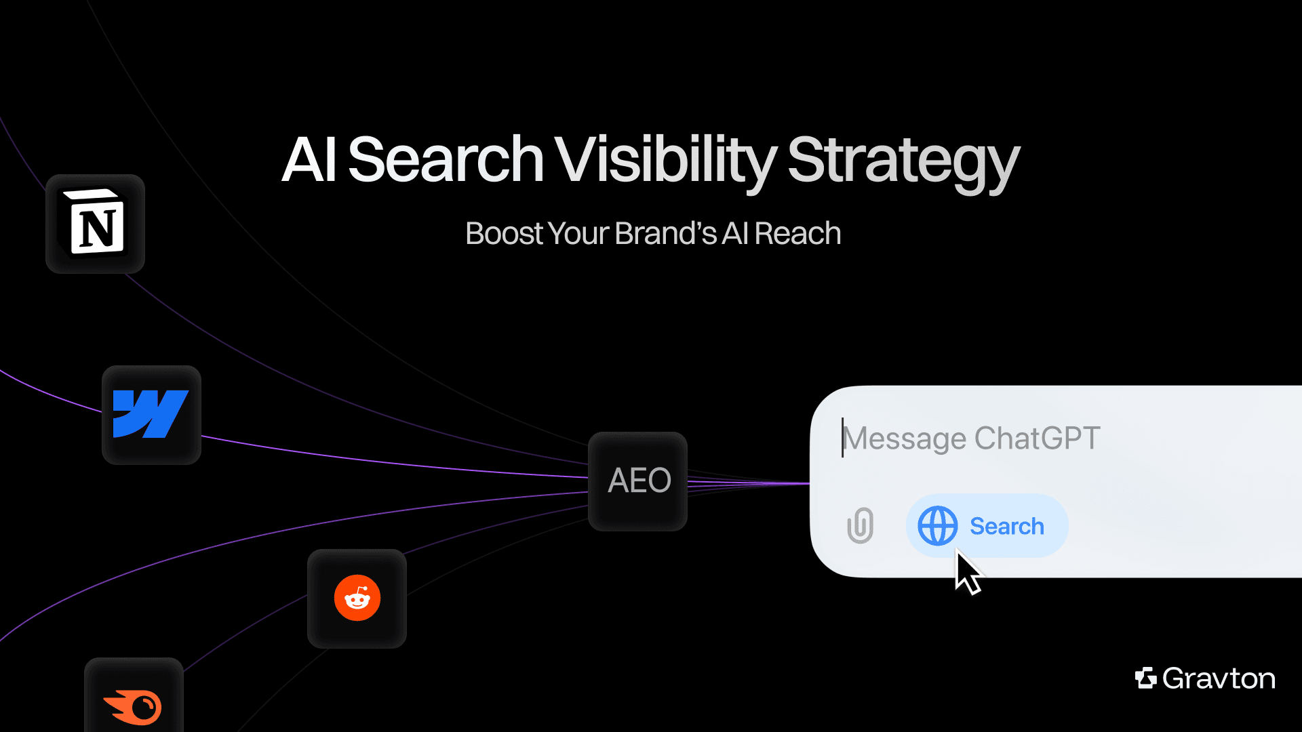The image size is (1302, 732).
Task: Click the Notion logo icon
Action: [96, 224]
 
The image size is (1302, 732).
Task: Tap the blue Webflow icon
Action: [151, 414]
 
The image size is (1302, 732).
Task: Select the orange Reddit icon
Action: [357, 598]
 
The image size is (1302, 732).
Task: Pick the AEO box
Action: [638, 481]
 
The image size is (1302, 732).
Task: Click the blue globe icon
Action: [937, 526]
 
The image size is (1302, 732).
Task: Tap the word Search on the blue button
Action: [1007, 526]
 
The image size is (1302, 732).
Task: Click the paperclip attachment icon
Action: [860, 525]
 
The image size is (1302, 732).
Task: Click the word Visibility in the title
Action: [665, 160]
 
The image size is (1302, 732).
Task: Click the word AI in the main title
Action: [309, 160]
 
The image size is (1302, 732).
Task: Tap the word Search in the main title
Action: [446, 160]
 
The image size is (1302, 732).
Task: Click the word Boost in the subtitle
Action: [504, 233]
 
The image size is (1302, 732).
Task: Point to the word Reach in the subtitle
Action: [797, 233]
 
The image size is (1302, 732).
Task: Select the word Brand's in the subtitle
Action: [666, 233]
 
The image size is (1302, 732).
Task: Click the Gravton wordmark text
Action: [1219, 678]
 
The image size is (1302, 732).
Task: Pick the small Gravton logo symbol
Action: [1145, 678]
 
